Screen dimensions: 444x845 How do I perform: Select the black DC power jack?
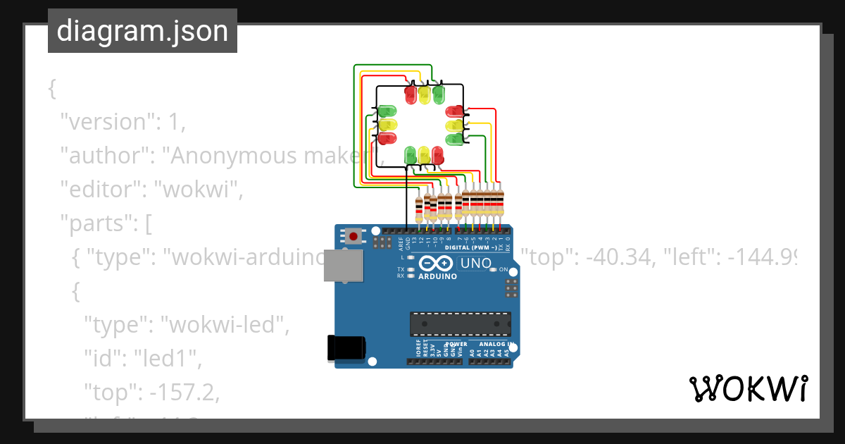[346, 348]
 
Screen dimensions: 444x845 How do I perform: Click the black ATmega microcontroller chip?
[461, 323]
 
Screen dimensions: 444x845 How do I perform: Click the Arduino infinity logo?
[437, 264]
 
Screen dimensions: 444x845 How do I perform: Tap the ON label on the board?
[503, 270]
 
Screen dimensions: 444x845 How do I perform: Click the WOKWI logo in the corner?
[748, 388]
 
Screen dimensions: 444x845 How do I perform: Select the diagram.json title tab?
[142, 31]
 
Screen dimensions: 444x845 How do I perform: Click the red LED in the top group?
[411, 94]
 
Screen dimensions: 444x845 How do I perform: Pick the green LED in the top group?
[439, 94]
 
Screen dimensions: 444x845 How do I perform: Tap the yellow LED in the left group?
[387, 125]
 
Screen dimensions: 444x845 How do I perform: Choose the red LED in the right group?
[454, 111]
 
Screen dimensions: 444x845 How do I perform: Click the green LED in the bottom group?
[411, 154]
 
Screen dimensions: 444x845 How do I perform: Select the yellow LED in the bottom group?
[424, 154]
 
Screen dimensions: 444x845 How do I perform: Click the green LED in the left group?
[387, 111]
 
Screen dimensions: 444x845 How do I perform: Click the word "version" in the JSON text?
[102, 122]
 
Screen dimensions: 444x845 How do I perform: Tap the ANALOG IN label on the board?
[496, 345]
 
